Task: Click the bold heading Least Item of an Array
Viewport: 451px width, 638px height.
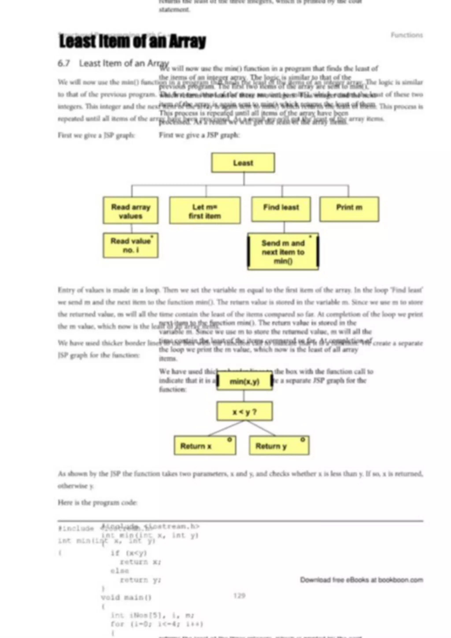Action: [133, 42]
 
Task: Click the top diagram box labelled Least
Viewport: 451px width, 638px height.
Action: [243, 163]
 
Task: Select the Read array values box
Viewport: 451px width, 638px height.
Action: [131, 211]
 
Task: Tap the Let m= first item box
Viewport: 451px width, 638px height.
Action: [205, 211]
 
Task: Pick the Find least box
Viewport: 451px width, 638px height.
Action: [281, 209]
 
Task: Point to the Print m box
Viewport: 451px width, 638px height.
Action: [349, 209]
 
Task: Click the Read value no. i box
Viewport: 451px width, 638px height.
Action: [131, 245]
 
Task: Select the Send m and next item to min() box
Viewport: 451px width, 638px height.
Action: [283, 251]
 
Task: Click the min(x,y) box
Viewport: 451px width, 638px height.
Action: [244, 382]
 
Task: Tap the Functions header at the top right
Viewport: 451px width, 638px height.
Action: [407, 35]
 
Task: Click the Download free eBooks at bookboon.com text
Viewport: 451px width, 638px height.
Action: [361, 580]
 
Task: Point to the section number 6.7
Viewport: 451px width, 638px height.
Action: [64, 63]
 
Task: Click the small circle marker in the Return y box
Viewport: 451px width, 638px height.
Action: [303, 440]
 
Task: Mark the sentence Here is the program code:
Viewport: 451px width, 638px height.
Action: [97, 502]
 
